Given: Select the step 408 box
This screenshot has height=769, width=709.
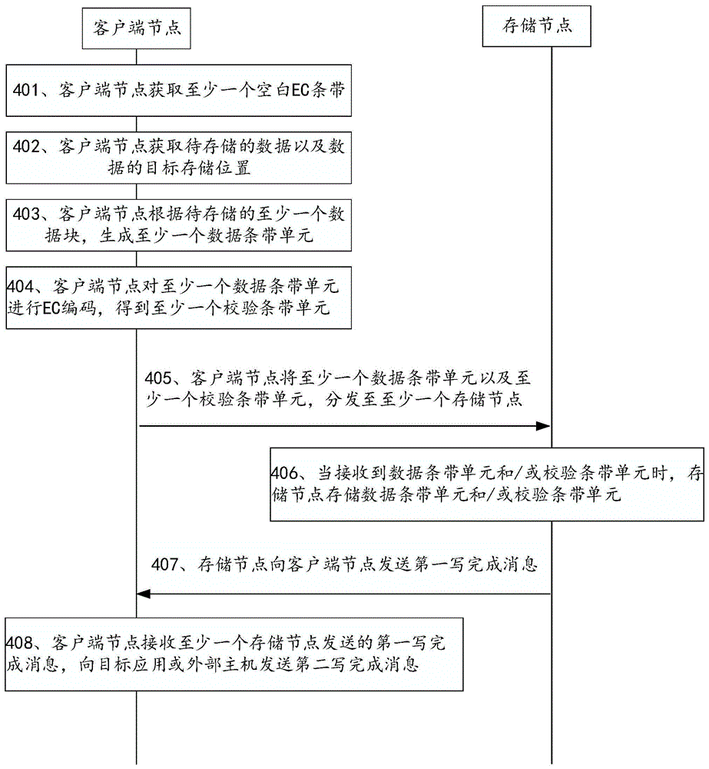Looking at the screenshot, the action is tap(234, 653).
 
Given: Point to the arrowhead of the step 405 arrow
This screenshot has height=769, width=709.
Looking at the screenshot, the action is tap(547, 425).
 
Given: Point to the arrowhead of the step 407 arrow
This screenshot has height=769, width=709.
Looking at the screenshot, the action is tap(141, 594).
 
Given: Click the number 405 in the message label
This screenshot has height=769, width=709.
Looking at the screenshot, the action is tap(159, 378).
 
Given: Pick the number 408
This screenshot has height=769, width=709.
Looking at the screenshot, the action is tap(20, 641).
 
